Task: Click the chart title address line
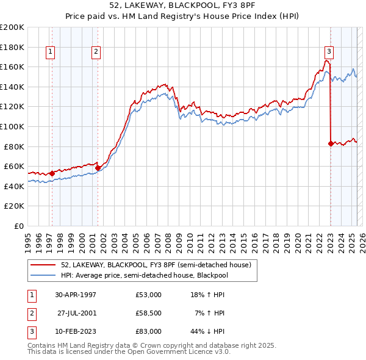(x=182, y=5)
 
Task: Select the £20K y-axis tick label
(x=15, y=206)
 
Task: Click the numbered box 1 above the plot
(x=49, y=52)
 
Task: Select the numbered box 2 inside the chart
(x=96, y=52)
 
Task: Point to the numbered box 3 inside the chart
(x=329, y=52)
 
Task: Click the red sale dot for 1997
(x=52, y=173)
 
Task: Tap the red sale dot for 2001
(x=98, y=168)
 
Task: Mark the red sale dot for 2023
(x=331, y=143)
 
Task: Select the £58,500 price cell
(x=149, y=313)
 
